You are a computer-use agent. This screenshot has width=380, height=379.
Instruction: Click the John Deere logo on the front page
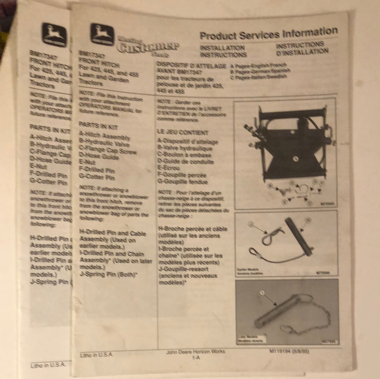102,34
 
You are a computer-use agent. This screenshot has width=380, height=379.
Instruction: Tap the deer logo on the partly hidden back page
54,34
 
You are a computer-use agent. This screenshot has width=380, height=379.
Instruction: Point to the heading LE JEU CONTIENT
183,133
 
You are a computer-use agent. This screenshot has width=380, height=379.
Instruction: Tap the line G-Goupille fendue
183,182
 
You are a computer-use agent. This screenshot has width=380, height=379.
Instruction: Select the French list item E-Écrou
170,168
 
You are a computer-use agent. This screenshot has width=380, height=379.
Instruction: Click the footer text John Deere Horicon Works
196,351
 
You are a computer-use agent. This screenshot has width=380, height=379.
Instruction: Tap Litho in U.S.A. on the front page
96,355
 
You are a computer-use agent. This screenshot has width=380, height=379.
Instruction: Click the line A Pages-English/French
258,66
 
